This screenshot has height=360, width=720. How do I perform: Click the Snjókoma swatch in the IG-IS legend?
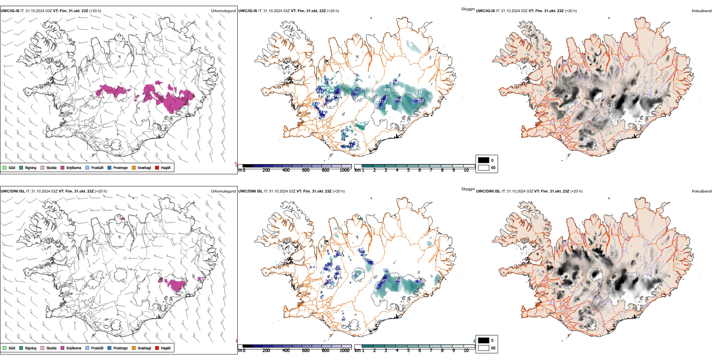click(x=63, y=167)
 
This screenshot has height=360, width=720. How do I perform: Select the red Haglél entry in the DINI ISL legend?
click(x=157, y=348)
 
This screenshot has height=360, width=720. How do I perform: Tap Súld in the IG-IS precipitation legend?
click(x=5, y=167)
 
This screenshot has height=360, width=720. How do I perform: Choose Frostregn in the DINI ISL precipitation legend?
click(x=110, y=348)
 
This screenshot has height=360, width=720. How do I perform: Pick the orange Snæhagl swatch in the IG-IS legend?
click(x=134, y=167)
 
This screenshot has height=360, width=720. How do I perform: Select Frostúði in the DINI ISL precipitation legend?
click(x=88, y=348)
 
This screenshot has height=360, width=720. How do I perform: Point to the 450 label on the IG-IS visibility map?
click(x=387, y=90)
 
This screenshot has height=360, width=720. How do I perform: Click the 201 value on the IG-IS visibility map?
click(x=421, y=101)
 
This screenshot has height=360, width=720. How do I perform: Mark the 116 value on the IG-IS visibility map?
click(x=399, y=100)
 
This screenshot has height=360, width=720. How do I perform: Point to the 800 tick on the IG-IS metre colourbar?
click(x=326, y=170)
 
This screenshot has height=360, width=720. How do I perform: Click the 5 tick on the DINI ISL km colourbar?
click(x=409, y=351)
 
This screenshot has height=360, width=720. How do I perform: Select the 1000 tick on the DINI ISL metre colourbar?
click(x=345, y=351)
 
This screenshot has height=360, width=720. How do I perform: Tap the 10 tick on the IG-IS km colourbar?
click(x=466, y=170)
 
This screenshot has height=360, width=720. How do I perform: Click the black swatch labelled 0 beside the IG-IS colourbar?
click(x=484, y=160)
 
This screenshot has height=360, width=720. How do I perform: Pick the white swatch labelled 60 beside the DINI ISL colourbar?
click(x=484, y=348)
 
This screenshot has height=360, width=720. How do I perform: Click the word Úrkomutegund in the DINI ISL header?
click(x=224, y=191)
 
